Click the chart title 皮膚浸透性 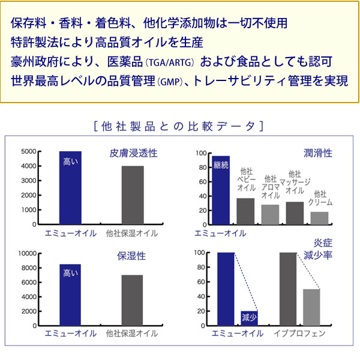pyautogui.click(x=133, y=154)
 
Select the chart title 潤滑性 pyautogui.click(x=319, y=154)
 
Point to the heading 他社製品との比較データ pyautogui.click(x=179, y=127)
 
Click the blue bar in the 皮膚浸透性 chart pyautogui.click(x=70, y=188)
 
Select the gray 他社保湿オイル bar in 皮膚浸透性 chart pyautogui.click(x=133, y=195)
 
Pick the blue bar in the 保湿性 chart pyautogui.click(x=70, y=295)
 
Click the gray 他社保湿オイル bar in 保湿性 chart pyautogui.click(x=133, y=300)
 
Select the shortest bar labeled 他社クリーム pyautogui.click(x=320, y=218)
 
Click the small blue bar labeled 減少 pyautogui.click(x=249, y=318)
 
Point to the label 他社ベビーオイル pyautogui.click(x=246, y=179)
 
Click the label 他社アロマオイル pyautogui.click(x=270, y=187)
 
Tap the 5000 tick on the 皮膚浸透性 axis pyautogui.click(x=28, y=152)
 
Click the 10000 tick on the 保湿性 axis pyautogui.click(x=26, y=253)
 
